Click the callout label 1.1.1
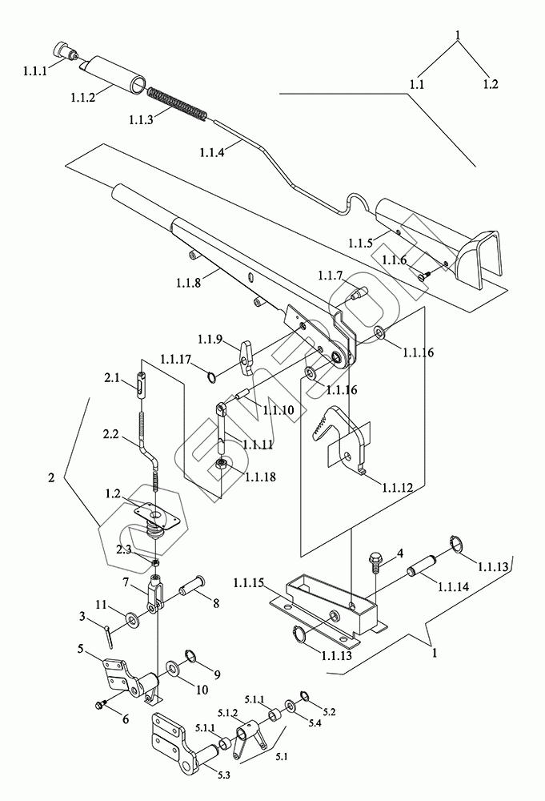point(34,71)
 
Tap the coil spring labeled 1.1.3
point(177,103)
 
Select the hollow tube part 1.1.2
point(114,77)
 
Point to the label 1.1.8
point(188,282)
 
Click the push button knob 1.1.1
point(64,51)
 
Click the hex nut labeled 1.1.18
point(222,466)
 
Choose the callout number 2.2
point(110,433)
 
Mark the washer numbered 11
point(134,621)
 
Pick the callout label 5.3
point(223,775)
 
